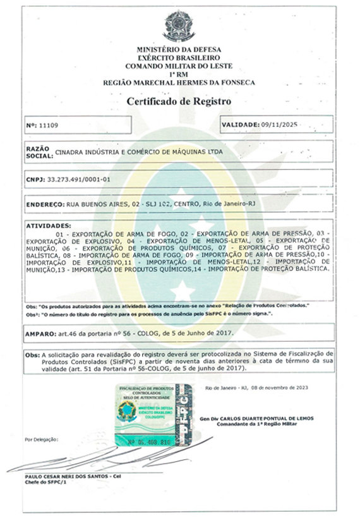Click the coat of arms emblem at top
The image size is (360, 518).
coord(179,26)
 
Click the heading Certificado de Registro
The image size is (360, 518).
coord(179,100)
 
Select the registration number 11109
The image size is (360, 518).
coord(48,126)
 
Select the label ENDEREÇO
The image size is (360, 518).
coord(45,205)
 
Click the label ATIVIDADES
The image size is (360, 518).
coord(49,226)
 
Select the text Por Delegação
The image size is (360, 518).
coord(41,438)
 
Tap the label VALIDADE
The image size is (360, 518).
coord(240,125)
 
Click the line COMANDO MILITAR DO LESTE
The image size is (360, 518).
coord(179,66)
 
